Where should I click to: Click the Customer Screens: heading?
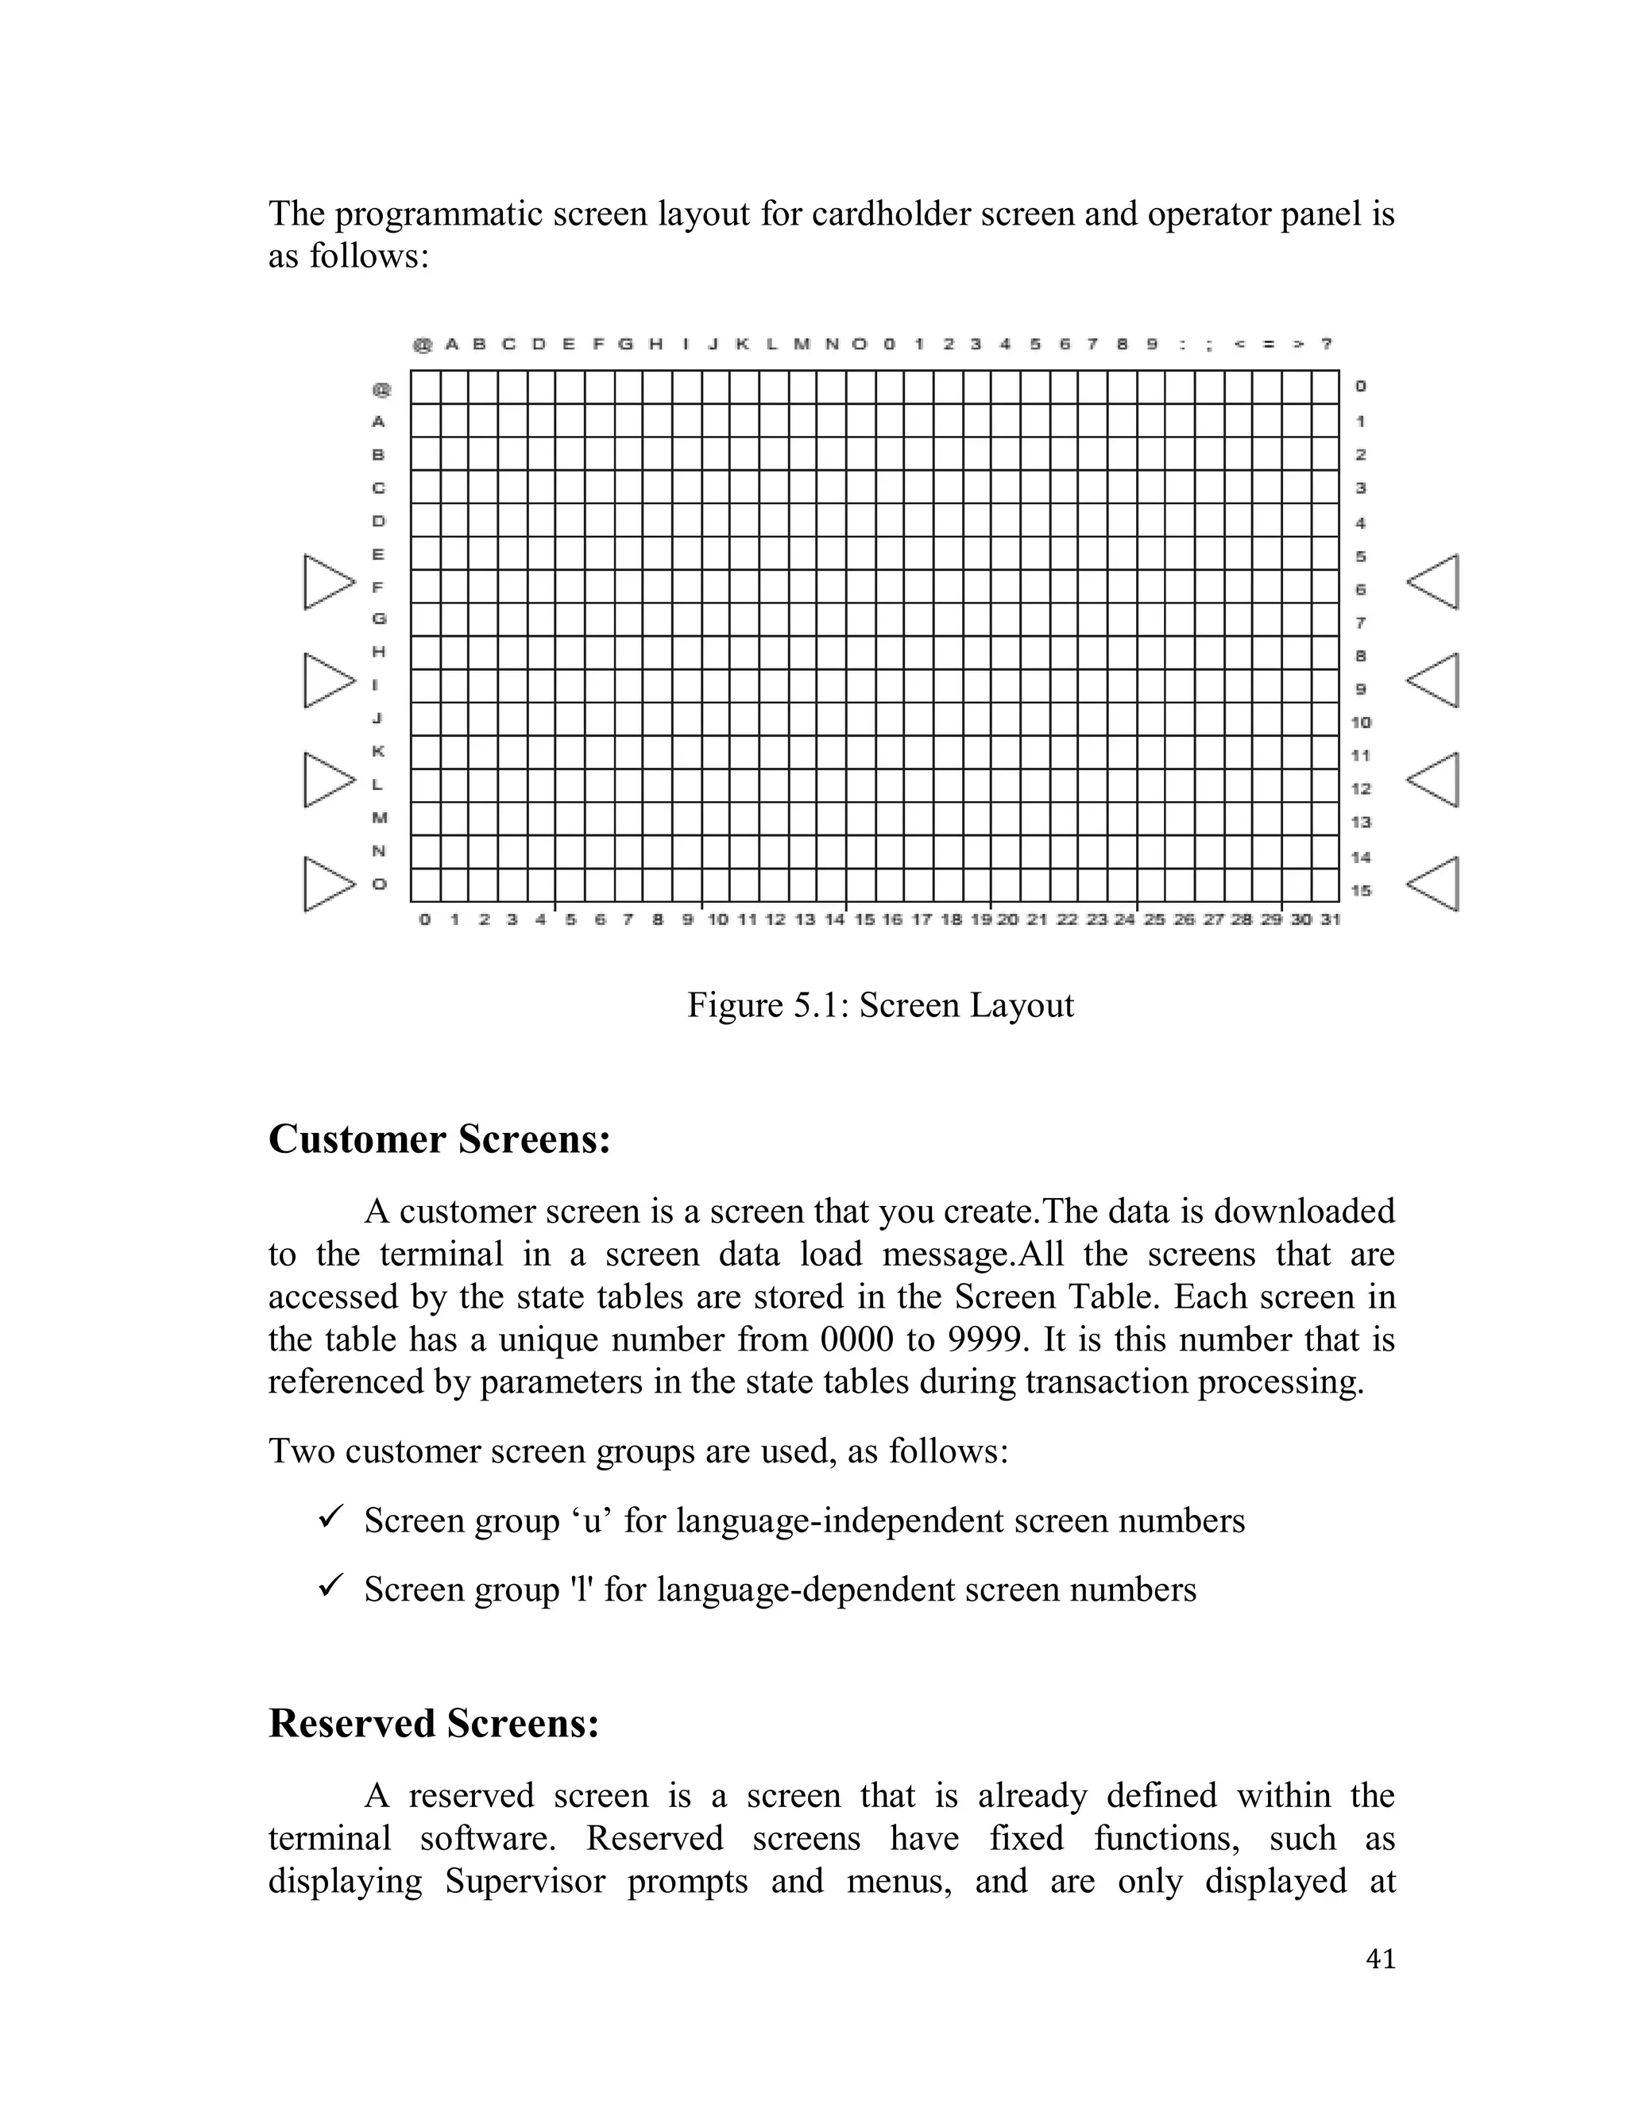point(439,1139)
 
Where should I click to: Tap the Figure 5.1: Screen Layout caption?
point(880,1005)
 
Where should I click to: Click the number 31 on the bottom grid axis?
point(1330,920)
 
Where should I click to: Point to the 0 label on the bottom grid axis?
point(425,920)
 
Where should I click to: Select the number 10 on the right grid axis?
point(1361,723)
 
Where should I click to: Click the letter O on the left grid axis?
point(379,884)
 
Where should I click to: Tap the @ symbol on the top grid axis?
point(422,345)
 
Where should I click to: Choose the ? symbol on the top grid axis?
point(1327,344)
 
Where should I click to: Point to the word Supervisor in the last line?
point(524,1882)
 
